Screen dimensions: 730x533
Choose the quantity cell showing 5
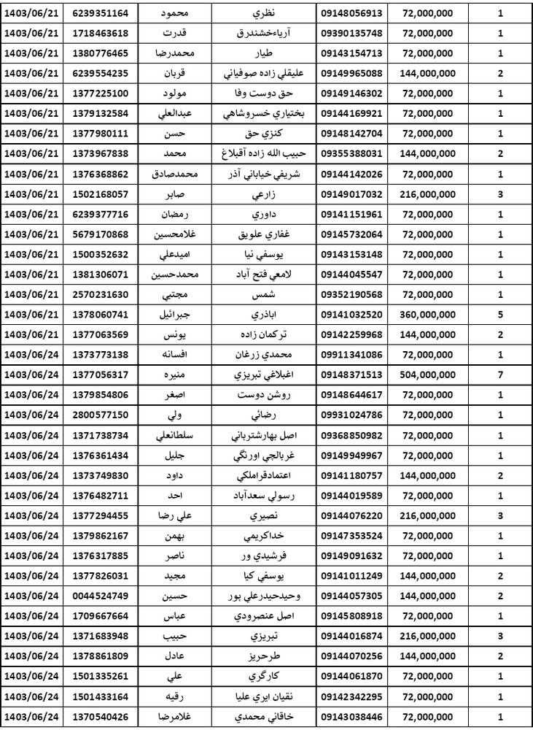click(x=499, y=313)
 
